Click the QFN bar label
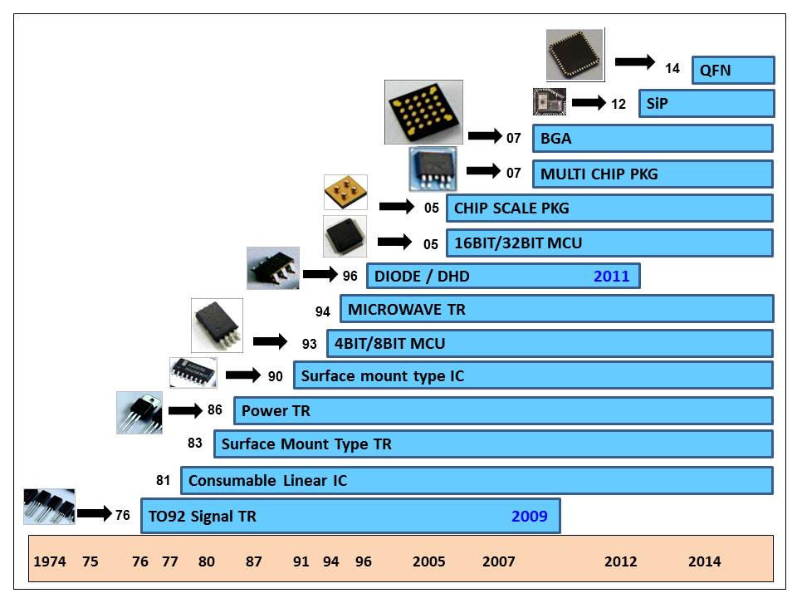[716, 70]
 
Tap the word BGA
[555, 139]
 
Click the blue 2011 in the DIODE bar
[611, 276]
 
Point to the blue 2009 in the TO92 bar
[529, 516]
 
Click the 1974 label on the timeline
[49, 561]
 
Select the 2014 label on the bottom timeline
[704, 561]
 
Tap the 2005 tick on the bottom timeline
[429, 561]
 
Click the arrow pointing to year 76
[94, 513]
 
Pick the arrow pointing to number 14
[635, 62]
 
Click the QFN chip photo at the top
[575, 55]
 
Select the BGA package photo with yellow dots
[423, 112]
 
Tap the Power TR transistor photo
[139, 413]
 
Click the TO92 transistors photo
[50, 506]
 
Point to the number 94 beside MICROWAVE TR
[323, 311]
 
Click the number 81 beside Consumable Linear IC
[164, 480]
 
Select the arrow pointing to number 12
[589, 103]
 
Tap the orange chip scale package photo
[345, 192]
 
